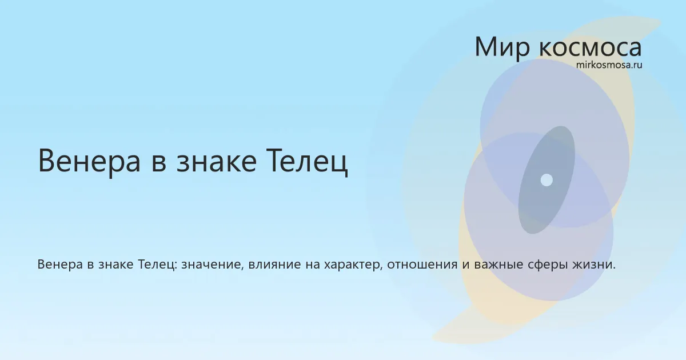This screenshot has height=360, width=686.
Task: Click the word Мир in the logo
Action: pos(502,47)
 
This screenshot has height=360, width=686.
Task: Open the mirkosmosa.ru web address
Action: pos(609,65)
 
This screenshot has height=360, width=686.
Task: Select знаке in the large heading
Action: pos(216,161)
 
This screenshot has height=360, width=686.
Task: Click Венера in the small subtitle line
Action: pos(60,264)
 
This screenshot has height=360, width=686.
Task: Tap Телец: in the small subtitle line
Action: pos(157,264)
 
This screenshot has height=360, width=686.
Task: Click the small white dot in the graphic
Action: pos(547,180)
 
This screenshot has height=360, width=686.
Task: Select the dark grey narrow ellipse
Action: pos(547,180)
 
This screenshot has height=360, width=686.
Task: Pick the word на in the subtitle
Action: pos(312,265)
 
